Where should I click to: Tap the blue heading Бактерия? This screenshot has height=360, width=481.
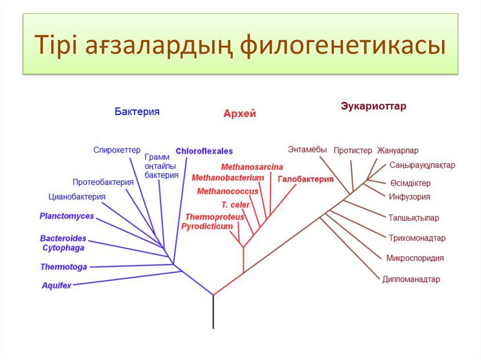click(137, 112)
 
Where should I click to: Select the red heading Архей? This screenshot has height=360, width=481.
click(240, 114)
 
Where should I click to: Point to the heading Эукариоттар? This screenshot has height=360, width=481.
click(373, 106)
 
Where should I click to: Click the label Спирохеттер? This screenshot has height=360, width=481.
click(116, 150)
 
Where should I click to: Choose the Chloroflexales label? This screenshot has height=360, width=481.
click(204, 151)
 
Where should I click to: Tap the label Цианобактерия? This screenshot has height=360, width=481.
click(77, 197)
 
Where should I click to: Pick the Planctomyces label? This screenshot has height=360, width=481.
click(67, 216)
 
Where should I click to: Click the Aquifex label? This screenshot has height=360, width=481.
click(56, 285)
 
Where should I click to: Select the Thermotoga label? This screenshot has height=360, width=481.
click(63, 267)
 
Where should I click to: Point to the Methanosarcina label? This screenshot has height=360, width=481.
click(252, 167)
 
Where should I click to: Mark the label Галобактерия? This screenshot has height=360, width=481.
click(305, 179)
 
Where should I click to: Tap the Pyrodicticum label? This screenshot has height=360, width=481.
click(207, 226)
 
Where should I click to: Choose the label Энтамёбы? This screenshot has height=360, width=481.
click(307, 149)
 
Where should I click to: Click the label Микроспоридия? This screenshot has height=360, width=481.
click(415, 258)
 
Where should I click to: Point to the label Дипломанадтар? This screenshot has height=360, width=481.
click(411, 279)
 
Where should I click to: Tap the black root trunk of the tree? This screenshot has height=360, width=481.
click(213, 312)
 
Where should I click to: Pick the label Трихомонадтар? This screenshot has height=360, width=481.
click(417, 238)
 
